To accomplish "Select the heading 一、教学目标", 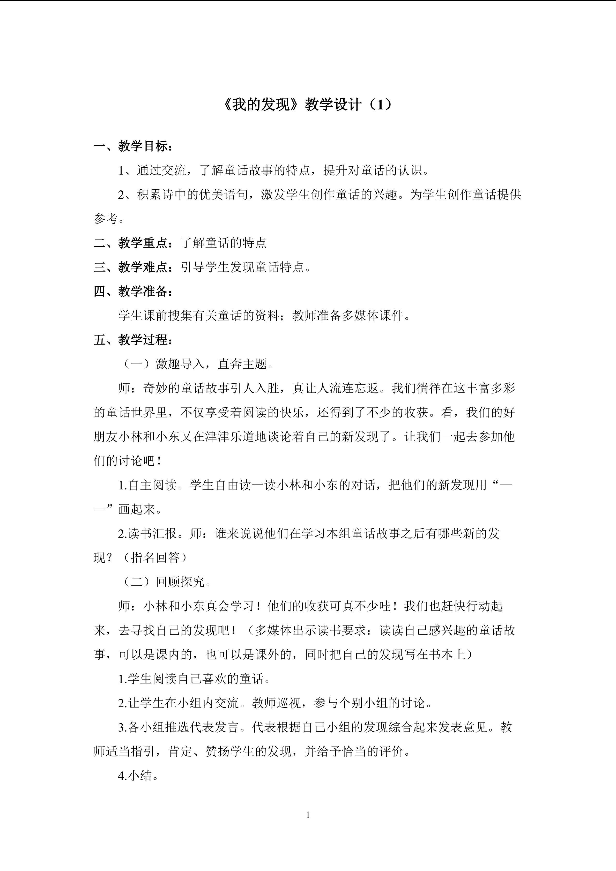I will point(133,146).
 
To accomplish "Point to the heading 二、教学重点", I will point(133,243).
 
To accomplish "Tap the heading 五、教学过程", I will point(133,340).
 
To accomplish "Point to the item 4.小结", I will point(138,776).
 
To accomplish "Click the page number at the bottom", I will point(308,815).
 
